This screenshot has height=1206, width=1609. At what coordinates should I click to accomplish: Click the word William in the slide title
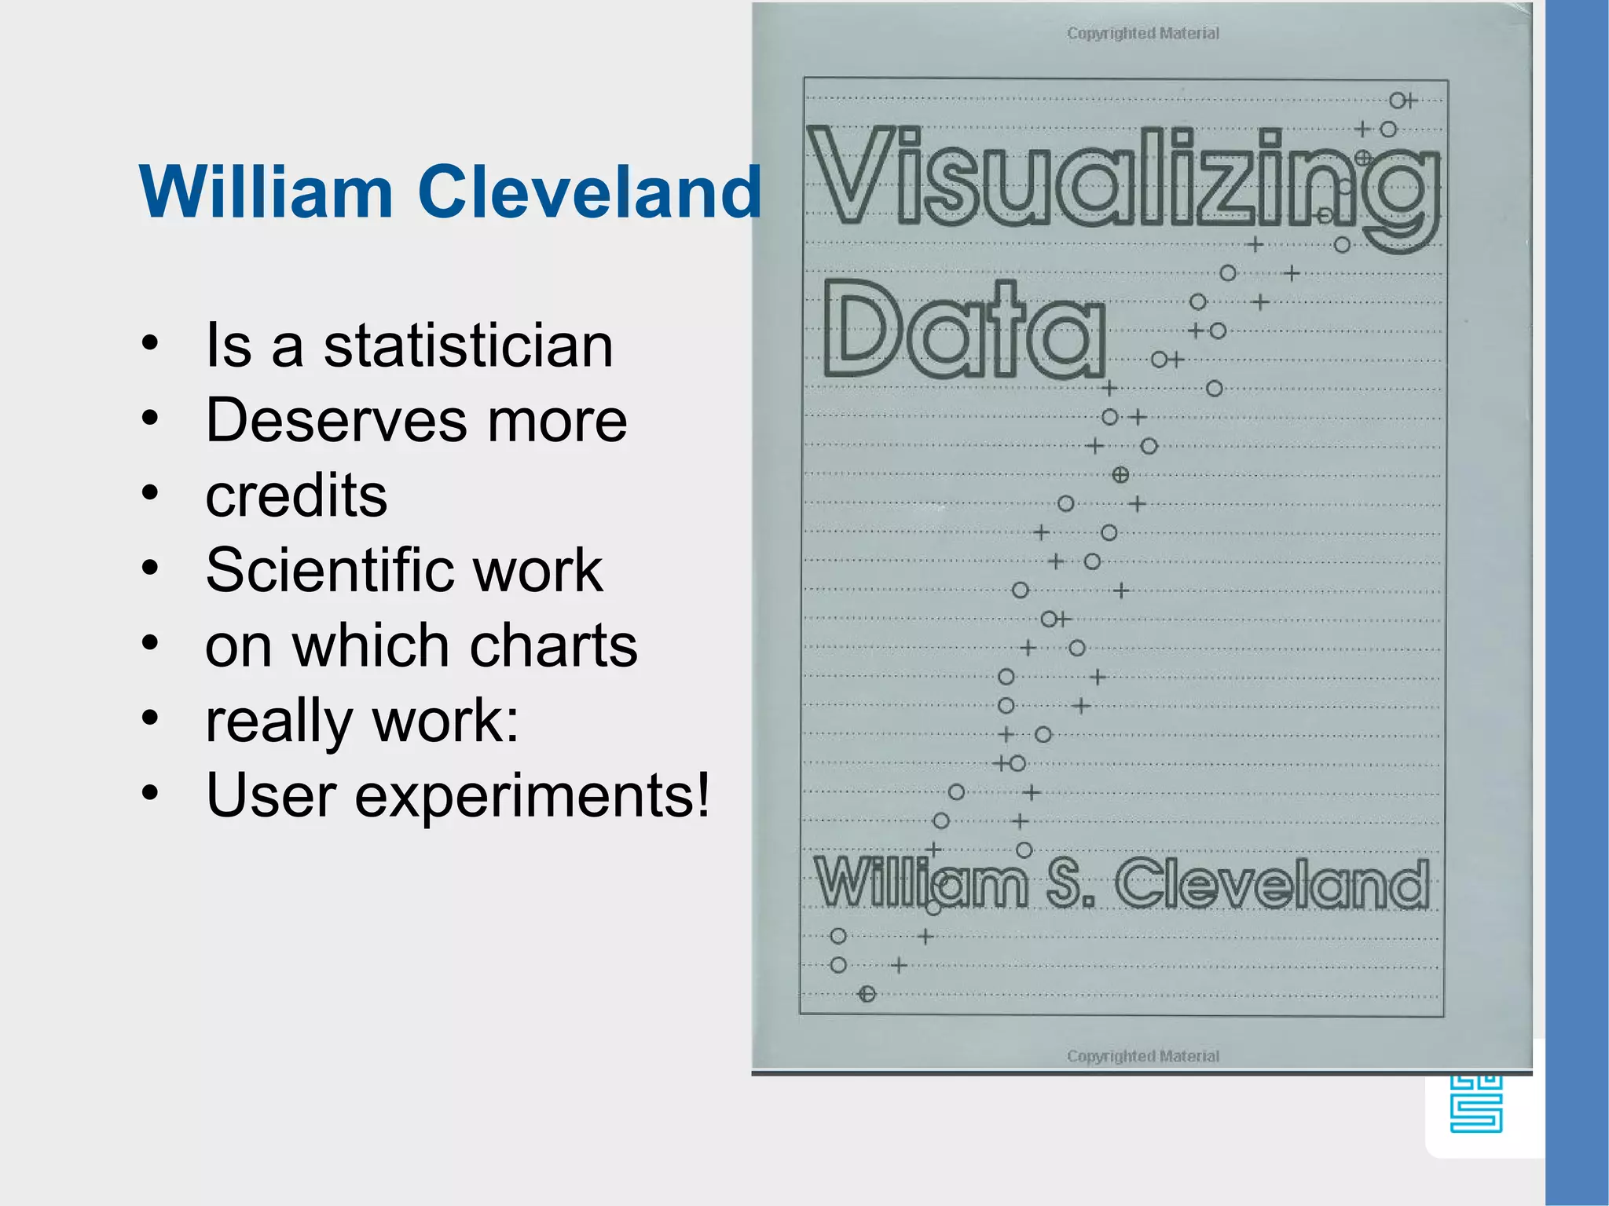266,192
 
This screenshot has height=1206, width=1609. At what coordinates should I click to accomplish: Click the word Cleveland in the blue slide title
589,192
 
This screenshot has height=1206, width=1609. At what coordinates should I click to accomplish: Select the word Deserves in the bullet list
332,420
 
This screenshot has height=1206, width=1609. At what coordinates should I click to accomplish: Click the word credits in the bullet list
296,495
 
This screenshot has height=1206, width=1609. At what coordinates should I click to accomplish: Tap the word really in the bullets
279,721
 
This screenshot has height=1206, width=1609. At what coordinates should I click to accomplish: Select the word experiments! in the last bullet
533,795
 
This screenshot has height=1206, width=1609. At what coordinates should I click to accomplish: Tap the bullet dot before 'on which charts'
150,644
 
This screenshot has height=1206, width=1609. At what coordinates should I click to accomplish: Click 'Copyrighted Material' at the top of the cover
1143,33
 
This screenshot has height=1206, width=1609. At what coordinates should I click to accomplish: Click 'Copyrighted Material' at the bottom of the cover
1143,1056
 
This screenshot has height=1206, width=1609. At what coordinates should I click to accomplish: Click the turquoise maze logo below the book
1476,1103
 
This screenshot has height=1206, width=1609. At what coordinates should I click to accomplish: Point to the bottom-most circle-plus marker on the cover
867,994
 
